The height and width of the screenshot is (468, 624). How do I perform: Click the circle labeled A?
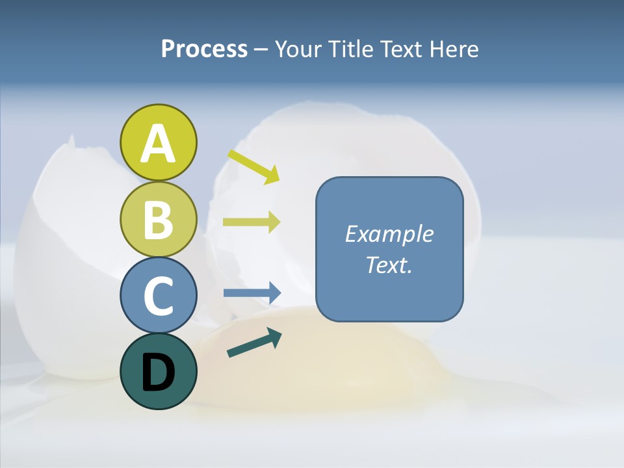point(158,142)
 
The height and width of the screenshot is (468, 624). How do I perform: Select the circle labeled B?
point(158,220)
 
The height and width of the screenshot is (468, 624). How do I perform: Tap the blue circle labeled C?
point(158,295)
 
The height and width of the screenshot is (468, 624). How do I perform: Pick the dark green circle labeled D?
point(158,371)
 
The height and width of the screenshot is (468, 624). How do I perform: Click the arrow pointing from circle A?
point(253,166)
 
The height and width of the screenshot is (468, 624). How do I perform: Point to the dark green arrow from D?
point(254,343)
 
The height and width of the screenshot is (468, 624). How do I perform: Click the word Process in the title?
point(204,49)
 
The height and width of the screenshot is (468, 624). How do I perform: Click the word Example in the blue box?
point(389,234)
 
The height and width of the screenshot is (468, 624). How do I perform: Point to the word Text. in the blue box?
point(389,265)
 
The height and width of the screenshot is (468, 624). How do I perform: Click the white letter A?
point(158,144)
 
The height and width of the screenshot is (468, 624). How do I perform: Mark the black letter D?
point(158,372)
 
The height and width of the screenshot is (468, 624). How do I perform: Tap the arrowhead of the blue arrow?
point(274,293)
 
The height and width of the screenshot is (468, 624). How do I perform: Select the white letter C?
point(158,296)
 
